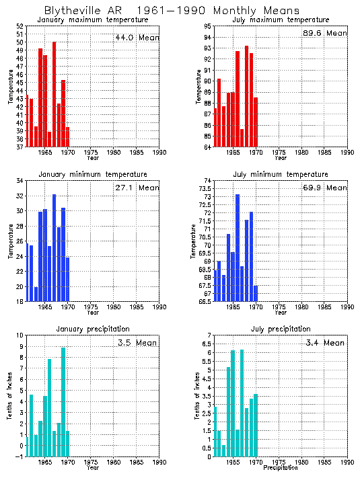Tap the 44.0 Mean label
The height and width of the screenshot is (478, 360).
[137, 38]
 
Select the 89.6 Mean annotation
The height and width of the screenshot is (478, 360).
[325, 33]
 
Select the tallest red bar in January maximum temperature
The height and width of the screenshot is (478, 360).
[55, 94]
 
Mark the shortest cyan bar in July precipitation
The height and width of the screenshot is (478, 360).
[223, 450]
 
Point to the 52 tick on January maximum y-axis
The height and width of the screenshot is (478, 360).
[20, 26]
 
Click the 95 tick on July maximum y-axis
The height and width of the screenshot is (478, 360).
[208, 26]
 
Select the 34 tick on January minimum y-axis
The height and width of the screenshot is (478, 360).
[20, 181]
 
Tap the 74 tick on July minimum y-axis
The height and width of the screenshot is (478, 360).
[208, 181]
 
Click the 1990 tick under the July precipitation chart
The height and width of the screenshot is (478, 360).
[347, 462]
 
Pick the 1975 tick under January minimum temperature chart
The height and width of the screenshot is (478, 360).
[89, 307]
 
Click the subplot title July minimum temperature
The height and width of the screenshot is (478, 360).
[281, 174]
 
